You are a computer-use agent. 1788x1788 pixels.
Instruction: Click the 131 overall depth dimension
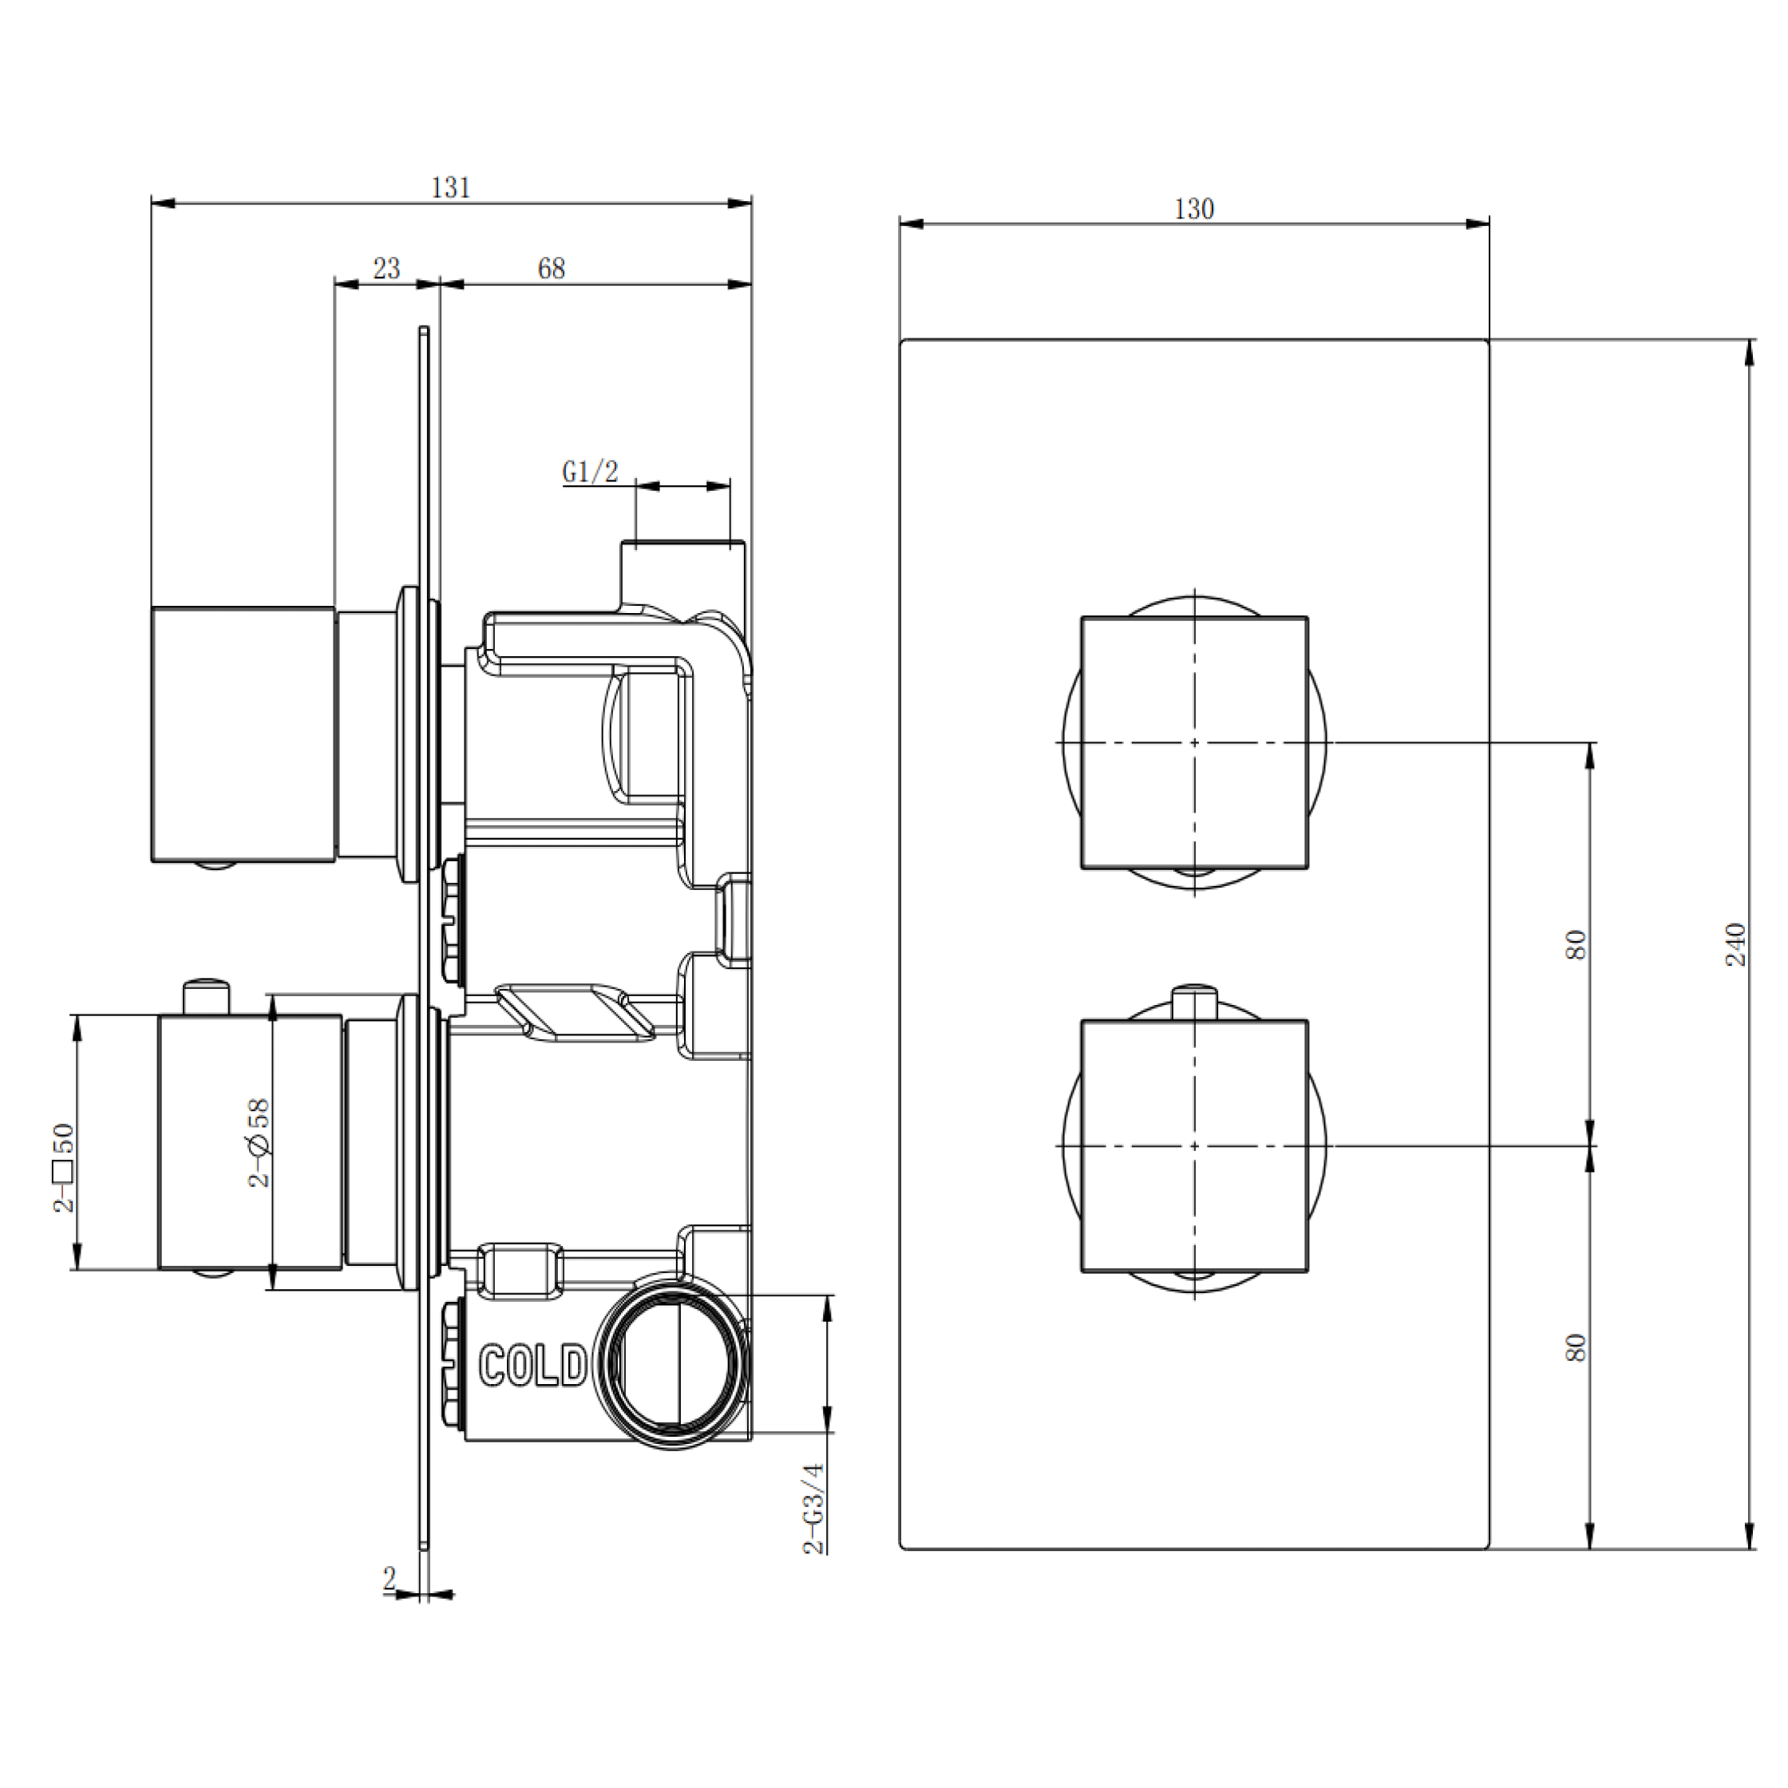(451, 188)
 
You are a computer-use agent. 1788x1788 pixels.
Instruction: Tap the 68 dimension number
(551, 268)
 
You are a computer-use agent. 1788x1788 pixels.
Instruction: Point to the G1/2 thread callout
(590, 472)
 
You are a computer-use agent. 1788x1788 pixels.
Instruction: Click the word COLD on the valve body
(533, 1366)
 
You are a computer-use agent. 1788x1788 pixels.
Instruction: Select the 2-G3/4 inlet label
(813, 1509)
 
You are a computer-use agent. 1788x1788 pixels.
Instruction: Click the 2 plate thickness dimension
(390, 1578)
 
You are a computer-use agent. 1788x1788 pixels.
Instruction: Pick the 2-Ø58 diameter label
(259, 1143)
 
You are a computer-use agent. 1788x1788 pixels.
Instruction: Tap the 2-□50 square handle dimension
(63, 1167)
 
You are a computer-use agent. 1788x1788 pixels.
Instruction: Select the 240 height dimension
(1735, 944)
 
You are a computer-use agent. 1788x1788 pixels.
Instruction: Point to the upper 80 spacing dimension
(1576, 945)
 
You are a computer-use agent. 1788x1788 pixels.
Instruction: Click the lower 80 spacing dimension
(1576, 1347)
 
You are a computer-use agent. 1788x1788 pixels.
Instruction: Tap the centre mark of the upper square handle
(1194, 742)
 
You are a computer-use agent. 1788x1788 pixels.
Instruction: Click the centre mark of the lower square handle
(1194, 1145)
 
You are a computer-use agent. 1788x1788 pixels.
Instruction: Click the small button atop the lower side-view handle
(205, 996)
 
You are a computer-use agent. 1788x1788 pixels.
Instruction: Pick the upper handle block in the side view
(243, 734)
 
